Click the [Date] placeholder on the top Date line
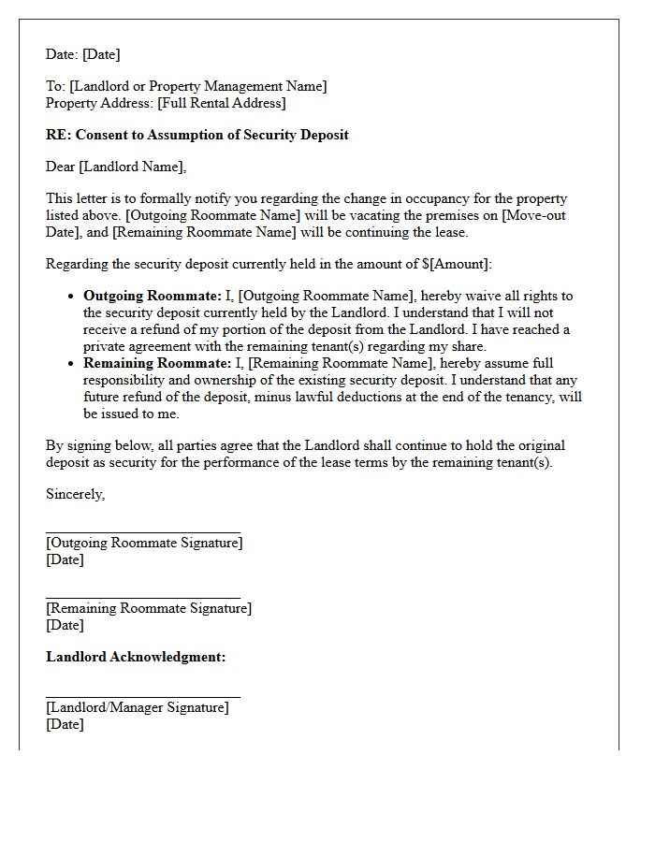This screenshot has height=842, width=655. click(101, 54)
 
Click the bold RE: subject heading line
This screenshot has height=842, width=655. click(197, 135)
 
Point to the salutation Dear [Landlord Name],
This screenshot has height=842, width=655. click(116, 167)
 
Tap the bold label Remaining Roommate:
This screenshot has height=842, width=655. click(143, 363)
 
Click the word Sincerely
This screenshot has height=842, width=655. click(75, 494)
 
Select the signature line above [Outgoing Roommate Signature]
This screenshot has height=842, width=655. click(143, 531)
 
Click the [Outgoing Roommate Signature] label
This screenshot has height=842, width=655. click(144, 543)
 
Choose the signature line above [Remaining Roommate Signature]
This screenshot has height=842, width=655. click(143, 597)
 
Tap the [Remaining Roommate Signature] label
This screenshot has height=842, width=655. click(149, 608)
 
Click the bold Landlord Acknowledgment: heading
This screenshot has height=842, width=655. click(136, 657)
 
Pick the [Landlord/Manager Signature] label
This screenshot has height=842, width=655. click(137, 707)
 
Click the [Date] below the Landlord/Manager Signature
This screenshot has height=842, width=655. click(65, 724)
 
